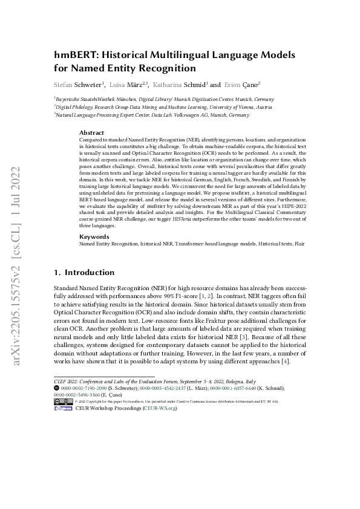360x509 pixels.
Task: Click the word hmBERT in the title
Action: click(x=74, y=54)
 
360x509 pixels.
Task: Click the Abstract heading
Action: click(x=91, y=132)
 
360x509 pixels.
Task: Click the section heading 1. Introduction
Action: click(x=84, y=273)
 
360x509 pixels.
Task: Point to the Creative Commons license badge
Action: click(x=64, y=401)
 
